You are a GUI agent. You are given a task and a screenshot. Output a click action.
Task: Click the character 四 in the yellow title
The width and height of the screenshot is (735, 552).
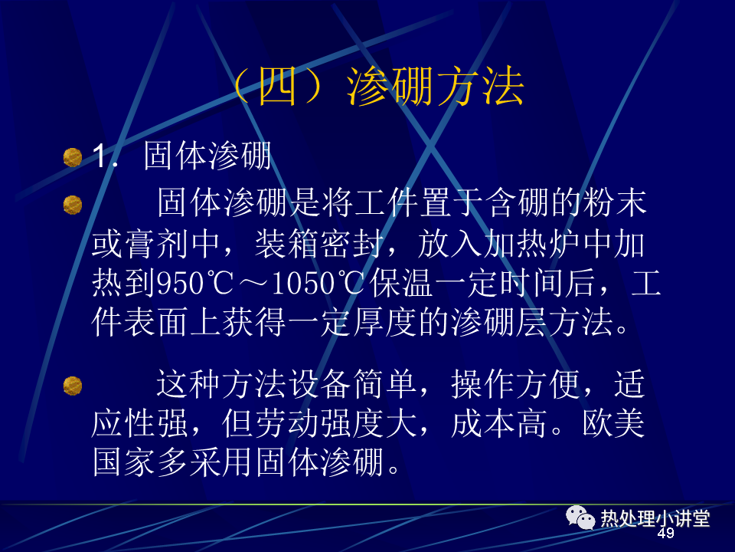277,86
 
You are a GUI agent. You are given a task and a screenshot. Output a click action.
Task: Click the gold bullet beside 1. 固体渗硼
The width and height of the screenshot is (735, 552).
73,157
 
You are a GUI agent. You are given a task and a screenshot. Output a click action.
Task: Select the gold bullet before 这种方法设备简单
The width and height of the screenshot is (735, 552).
73,386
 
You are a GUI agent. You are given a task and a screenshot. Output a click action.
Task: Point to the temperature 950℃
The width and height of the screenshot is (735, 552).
194,284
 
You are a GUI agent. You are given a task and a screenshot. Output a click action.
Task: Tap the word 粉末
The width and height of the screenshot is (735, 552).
615,202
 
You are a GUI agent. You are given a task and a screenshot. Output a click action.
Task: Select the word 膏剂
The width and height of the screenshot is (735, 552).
140,244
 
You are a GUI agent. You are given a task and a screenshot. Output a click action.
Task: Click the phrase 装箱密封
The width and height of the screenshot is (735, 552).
319,244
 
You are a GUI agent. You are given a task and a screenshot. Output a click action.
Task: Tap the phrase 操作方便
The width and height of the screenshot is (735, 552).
515,384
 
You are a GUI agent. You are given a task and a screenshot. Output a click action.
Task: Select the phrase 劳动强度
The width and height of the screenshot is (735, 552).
319,423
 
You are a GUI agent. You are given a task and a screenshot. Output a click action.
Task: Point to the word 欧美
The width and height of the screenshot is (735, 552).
613,423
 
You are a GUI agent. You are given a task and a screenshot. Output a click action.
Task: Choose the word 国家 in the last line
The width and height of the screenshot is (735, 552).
124,462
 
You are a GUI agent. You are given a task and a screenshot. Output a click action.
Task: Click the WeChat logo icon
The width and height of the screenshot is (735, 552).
580,517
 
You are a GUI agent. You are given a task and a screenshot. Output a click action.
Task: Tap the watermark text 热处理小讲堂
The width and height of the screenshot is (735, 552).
655,518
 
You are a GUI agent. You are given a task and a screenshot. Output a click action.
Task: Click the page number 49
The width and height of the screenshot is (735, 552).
666,534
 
